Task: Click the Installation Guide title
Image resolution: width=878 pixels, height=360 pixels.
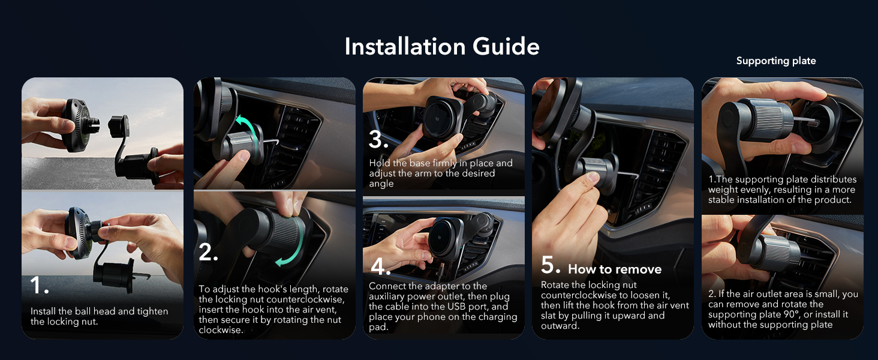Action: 442,47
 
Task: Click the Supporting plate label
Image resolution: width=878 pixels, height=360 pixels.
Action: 775,61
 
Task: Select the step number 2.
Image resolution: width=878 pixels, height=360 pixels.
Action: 208,253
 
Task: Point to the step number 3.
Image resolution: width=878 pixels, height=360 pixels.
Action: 378,140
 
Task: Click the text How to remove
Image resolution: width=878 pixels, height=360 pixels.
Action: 615,269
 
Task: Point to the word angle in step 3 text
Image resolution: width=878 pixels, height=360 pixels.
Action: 381,184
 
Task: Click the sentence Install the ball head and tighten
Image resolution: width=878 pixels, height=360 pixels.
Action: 99,311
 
